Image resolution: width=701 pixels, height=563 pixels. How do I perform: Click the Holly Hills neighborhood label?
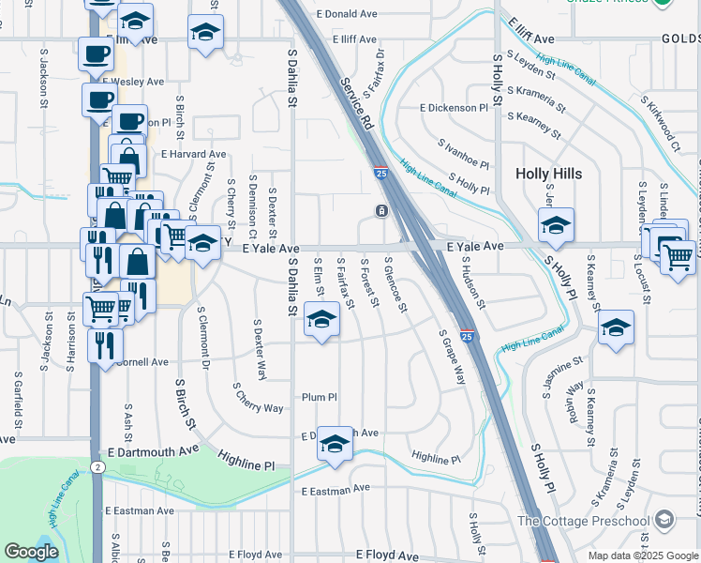(x=548, y=174)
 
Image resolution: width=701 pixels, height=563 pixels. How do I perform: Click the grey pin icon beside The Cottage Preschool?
(x=664, y=519)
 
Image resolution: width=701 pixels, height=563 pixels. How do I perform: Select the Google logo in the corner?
(x=31, y=552)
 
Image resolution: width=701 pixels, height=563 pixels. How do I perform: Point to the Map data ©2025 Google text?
(x=643, y=555)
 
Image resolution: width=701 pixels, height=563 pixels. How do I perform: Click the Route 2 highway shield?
(x=97, y=466)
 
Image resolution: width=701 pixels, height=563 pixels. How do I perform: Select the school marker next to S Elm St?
(x=321, y=319)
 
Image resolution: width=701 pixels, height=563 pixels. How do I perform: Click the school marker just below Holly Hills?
(x=556, y=225)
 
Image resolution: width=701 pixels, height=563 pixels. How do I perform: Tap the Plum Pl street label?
(x=319, y=397)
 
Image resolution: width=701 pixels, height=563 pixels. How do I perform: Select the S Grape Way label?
(x=453, y=357)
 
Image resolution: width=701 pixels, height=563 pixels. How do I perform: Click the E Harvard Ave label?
(x=194, y=154)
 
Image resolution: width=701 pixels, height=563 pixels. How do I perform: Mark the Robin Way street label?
(x=573, y=401)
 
